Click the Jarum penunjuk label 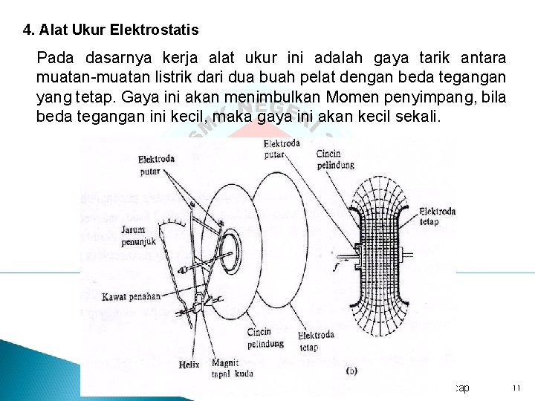pos(138,236)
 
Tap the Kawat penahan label pos(132,296)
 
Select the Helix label pos(189,365)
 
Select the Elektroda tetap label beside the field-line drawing pos(438,216)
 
